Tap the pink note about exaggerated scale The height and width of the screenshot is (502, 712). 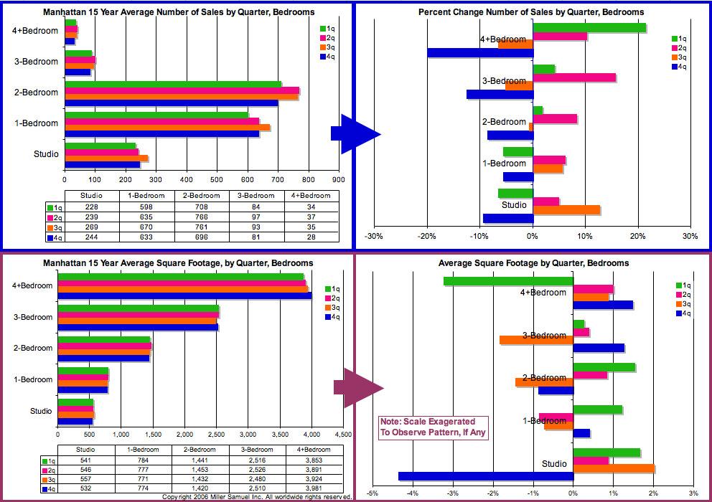point(433,427)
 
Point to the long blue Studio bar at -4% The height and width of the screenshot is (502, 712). point(486,475)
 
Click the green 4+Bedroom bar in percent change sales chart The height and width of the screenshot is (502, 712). point(589,28)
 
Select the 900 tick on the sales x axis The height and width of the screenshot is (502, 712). point(339,180)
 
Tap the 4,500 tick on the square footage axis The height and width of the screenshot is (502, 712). point(343,434)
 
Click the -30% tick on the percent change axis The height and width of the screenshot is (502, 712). point(373,236)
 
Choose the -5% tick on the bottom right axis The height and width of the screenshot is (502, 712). point(372,493)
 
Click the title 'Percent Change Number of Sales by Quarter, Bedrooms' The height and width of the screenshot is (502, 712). point(531,12)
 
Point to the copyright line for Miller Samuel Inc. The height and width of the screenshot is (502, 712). point(257,497)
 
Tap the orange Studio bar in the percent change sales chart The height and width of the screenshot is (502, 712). point(566,210)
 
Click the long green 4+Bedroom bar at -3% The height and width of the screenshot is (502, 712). point(508,281)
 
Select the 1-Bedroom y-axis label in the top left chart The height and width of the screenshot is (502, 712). point(36,123)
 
